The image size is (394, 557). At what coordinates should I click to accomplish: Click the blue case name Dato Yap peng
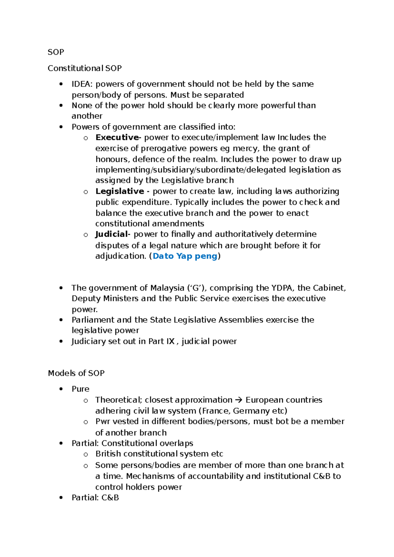click(185, 256)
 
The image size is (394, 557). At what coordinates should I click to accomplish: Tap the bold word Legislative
click(120, 191)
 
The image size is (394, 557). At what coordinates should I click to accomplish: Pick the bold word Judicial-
click(113, 234)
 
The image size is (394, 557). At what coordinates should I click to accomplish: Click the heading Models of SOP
click(76, 373)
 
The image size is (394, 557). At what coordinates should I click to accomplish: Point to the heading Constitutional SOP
click(85, 68)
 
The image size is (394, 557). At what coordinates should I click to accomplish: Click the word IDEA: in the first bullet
click(82, 84)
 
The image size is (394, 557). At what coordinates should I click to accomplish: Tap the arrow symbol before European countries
click(239, 400)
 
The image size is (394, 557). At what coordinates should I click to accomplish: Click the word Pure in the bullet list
click(80, 389)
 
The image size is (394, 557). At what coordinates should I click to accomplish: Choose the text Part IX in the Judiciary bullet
click(162, 341)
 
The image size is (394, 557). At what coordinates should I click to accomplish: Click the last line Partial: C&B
click(95, 498)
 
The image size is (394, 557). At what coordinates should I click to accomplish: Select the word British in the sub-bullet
click(108, 454)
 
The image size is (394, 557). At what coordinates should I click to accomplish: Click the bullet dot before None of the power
click(61, 105)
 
